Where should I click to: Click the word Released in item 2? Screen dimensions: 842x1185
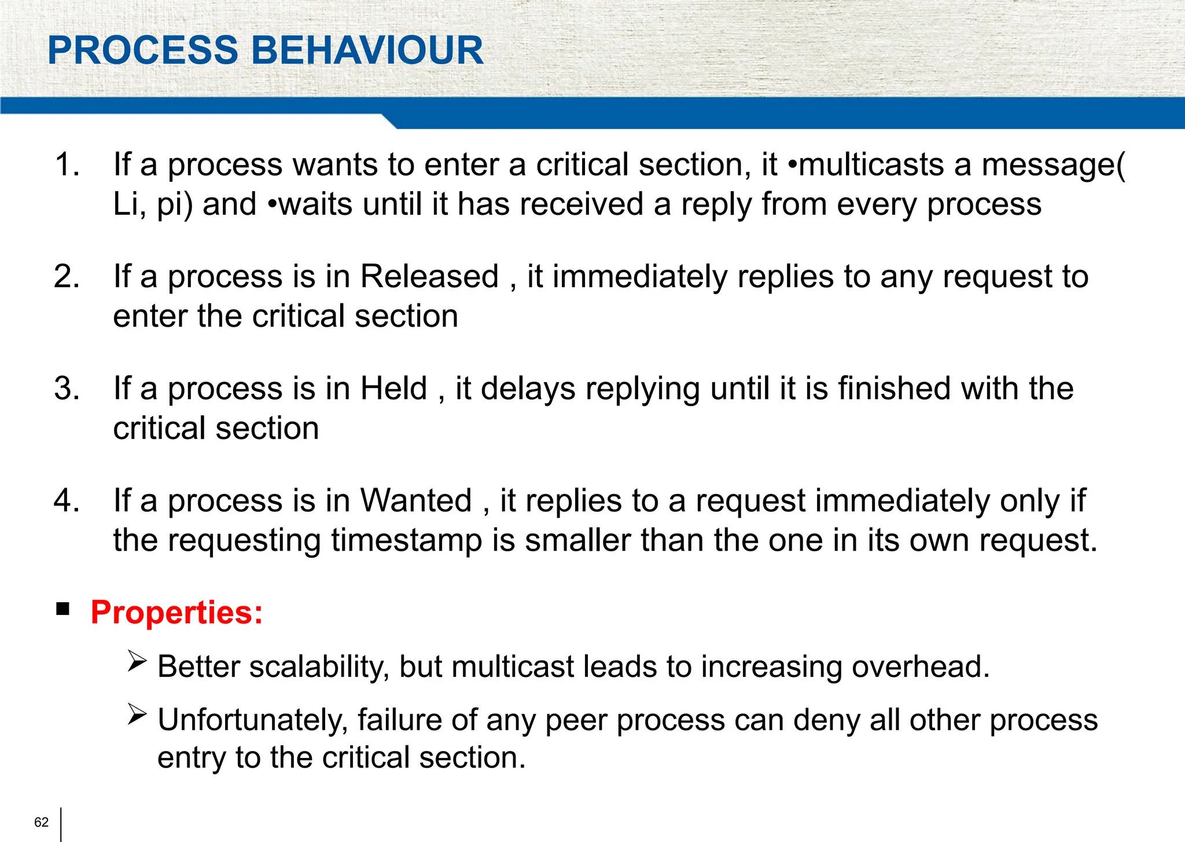point(429,276)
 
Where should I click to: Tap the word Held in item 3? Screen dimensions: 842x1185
point(393,388)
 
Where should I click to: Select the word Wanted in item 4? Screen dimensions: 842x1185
point(416,500)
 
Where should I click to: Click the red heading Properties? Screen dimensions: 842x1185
point(177,613)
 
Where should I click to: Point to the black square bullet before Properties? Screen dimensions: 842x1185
point(63,609)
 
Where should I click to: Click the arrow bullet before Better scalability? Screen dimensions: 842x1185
point(138,661)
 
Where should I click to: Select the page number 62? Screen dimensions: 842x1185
point(42,822)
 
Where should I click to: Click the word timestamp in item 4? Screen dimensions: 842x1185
point(407,541)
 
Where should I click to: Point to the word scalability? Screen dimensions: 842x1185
point(318,667)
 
